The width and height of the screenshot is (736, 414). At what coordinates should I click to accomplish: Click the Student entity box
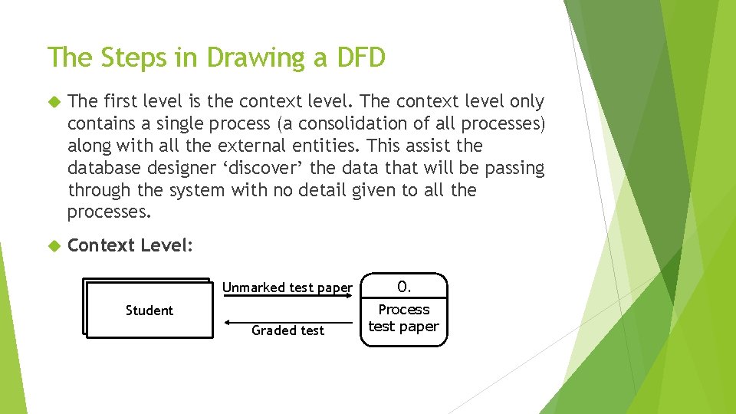pyautogui.click(x=149, y=310)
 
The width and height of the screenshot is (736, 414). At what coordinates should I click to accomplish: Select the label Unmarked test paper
pyautogui.click(x=287, y=287)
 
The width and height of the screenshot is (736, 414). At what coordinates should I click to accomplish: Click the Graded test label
pyautogui.click(x=287, y=330)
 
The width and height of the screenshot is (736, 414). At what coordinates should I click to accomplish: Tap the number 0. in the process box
pyautogui.click(x=404, y=287)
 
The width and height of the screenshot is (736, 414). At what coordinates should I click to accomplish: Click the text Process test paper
pyautogui.click(x=404, y=317)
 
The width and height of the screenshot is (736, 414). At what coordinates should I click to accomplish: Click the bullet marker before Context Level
pyautogui.click(x=54, y=246)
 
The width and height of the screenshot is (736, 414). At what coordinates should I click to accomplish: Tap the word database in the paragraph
pyautogui.click(x=99, y=168)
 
